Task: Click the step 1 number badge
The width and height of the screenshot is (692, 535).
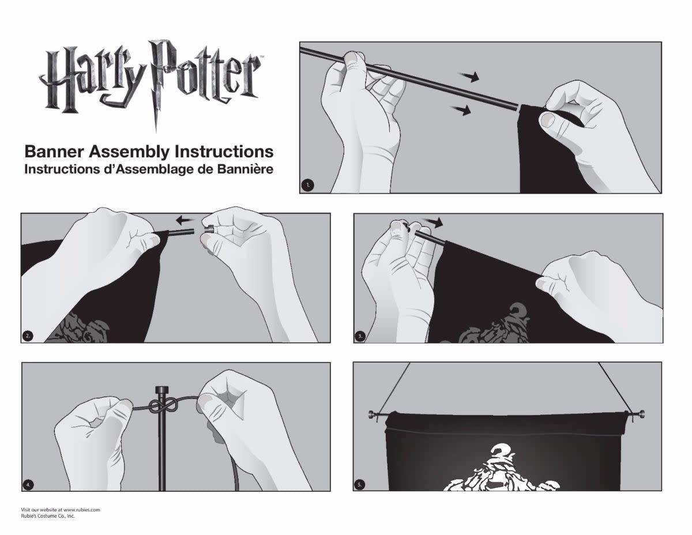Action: click(307, 185)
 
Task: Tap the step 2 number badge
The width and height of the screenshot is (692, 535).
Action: click(28, 336)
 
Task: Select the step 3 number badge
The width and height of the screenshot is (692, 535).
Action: click(360, 336)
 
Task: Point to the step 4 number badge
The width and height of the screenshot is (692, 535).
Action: click(28, 485)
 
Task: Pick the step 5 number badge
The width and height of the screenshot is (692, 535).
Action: click(359, 485)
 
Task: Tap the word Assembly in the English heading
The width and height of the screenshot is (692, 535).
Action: click(130, 152)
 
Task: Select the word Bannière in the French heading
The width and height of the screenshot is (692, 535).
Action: click(245, 169)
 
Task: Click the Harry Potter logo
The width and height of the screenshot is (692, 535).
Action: click(151, 81)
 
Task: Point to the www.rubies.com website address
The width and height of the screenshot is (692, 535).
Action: click(81, 510)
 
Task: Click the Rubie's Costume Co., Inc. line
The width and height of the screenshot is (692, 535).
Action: click(48, 516)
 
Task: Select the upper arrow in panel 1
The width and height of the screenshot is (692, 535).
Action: click(468, 76)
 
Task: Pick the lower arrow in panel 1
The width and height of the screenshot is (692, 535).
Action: click(460, 110)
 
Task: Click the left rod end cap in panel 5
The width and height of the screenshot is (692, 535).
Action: click(373, 415)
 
